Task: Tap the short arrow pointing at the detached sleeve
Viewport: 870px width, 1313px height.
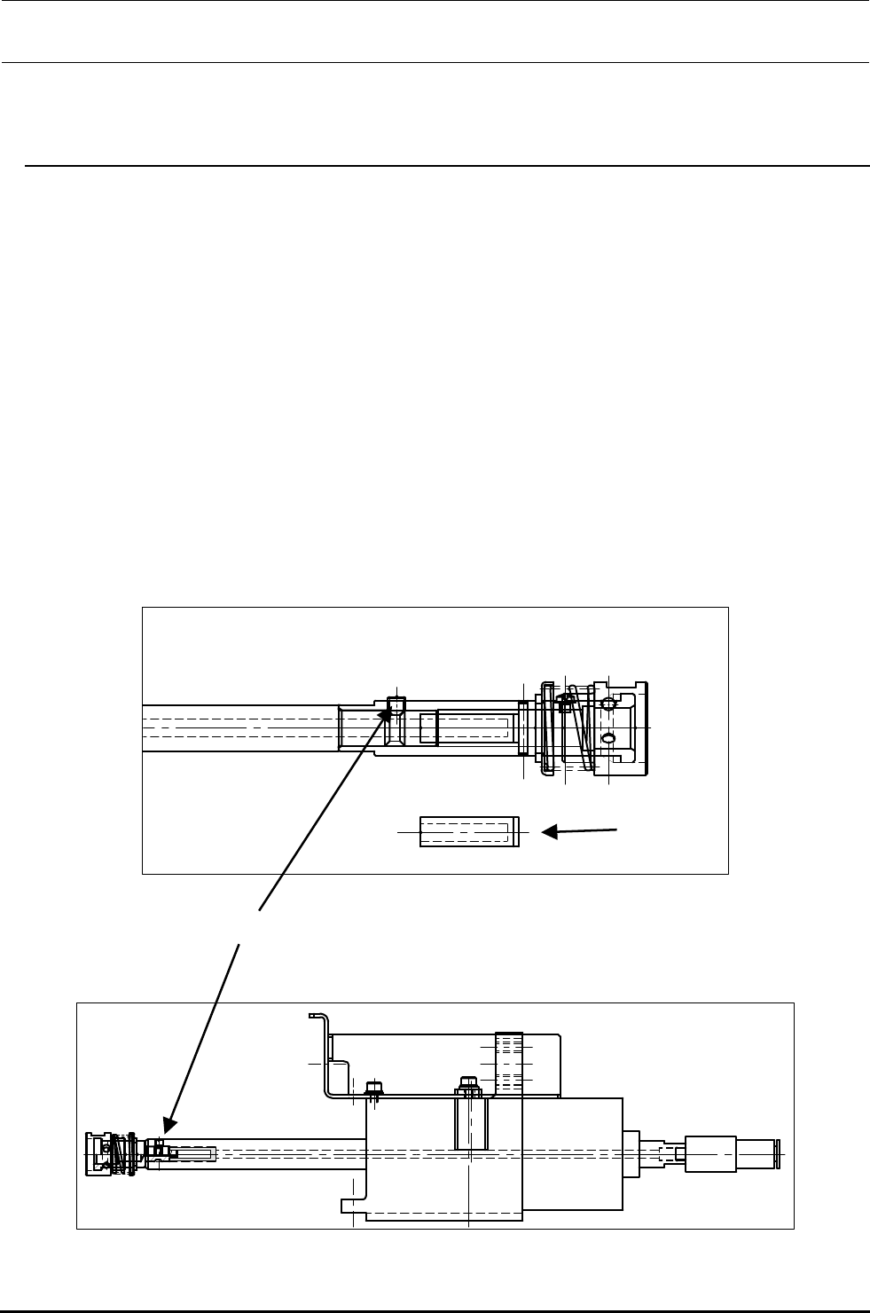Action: click(581, 831)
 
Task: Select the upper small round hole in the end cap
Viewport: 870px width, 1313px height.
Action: click(608, 704)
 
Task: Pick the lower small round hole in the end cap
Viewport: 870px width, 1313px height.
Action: click(608, 738)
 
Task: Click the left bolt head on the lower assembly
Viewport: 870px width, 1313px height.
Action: click(373, 1088)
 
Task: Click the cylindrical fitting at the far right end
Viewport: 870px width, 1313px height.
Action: click(727, 1153)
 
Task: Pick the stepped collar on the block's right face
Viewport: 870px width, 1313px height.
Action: click(631, 1153)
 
